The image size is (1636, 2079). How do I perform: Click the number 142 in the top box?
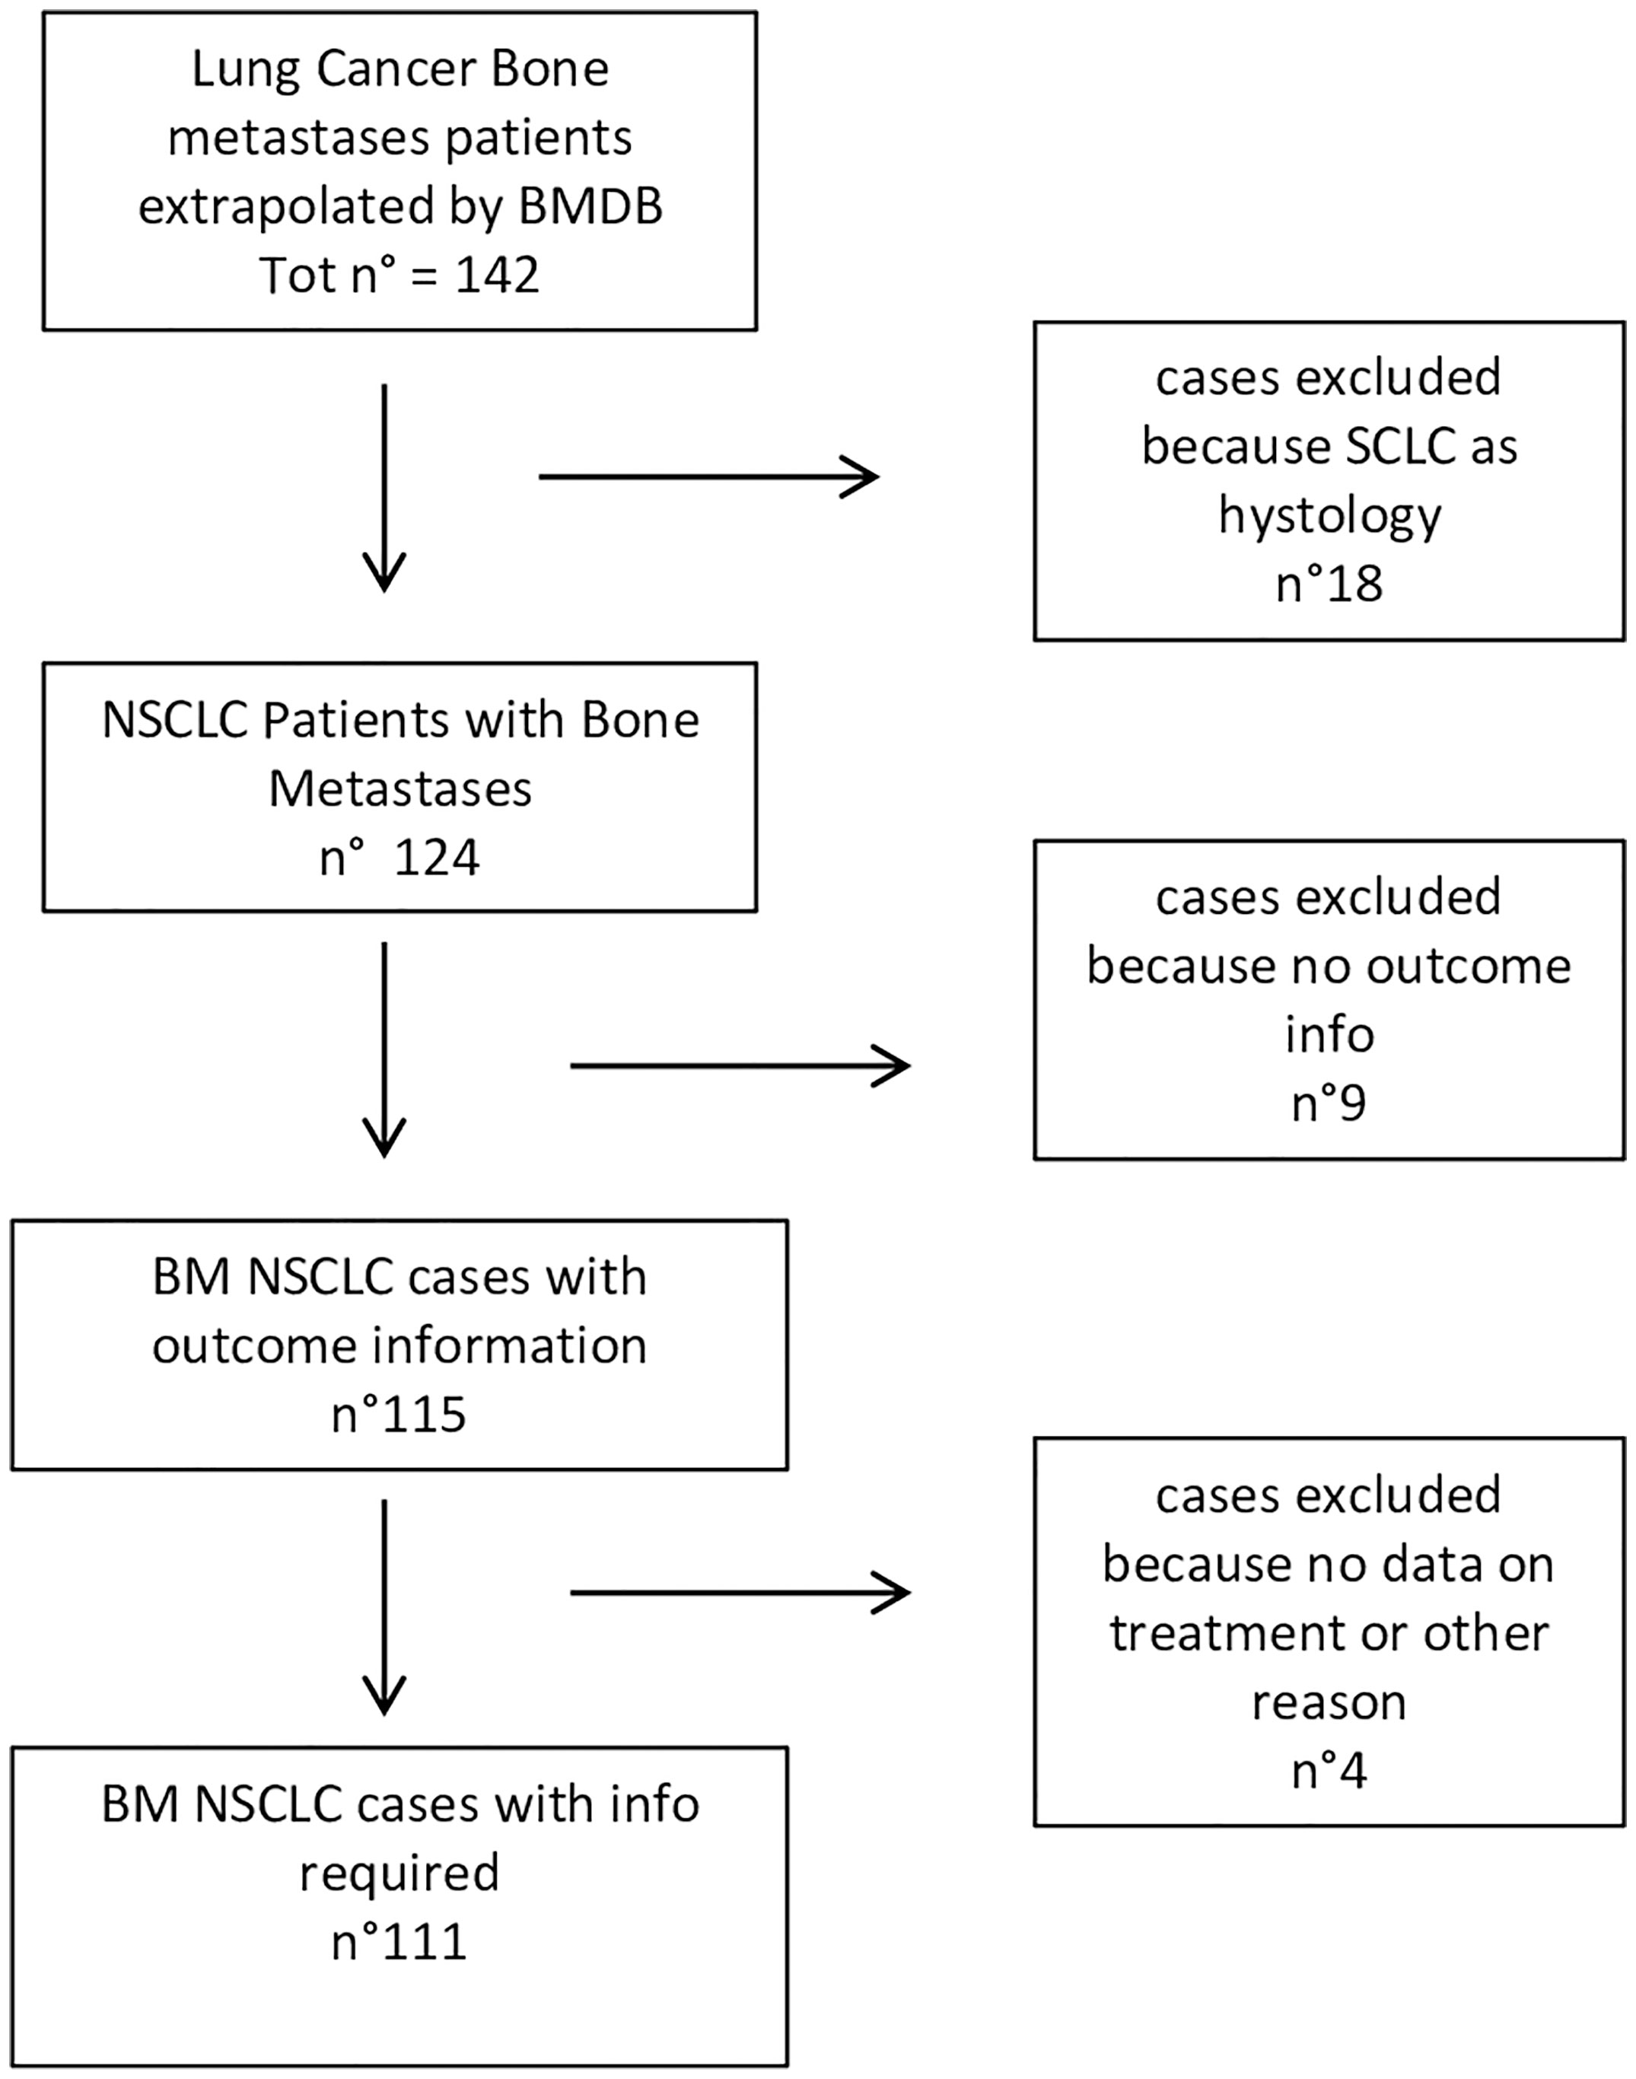pyautogui.click(x=497, y=276)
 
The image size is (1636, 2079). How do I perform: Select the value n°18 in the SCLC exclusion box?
pyautogui.click(x=1329, y=584)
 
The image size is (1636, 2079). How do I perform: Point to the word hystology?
pyautogui.click(x=1329, y=517)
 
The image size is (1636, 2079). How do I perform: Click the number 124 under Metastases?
pyautogui.click(x=437, y=858)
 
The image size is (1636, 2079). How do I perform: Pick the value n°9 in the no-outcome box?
pyautogui.click(x=1329, y=1103)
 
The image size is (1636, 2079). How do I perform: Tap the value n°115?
pyautogui.click(x=399, y=1415)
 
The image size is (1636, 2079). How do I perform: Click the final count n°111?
pyautogui.click(x=399, y=1942)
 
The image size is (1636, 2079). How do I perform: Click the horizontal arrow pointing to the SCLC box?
pyautogui.click(x=708, y=476)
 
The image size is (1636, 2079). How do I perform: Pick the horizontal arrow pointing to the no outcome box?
pyautogui.click(x=740, y=1065)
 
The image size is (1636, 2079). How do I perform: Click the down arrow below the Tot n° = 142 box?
pyautogui.click(x=384, y=489)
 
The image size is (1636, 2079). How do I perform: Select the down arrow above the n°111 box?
pyautogui.click(x=384, y=1608)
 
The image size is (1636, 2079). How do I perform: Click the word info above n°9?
pyautogui.click(x=1329, y=1035)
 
